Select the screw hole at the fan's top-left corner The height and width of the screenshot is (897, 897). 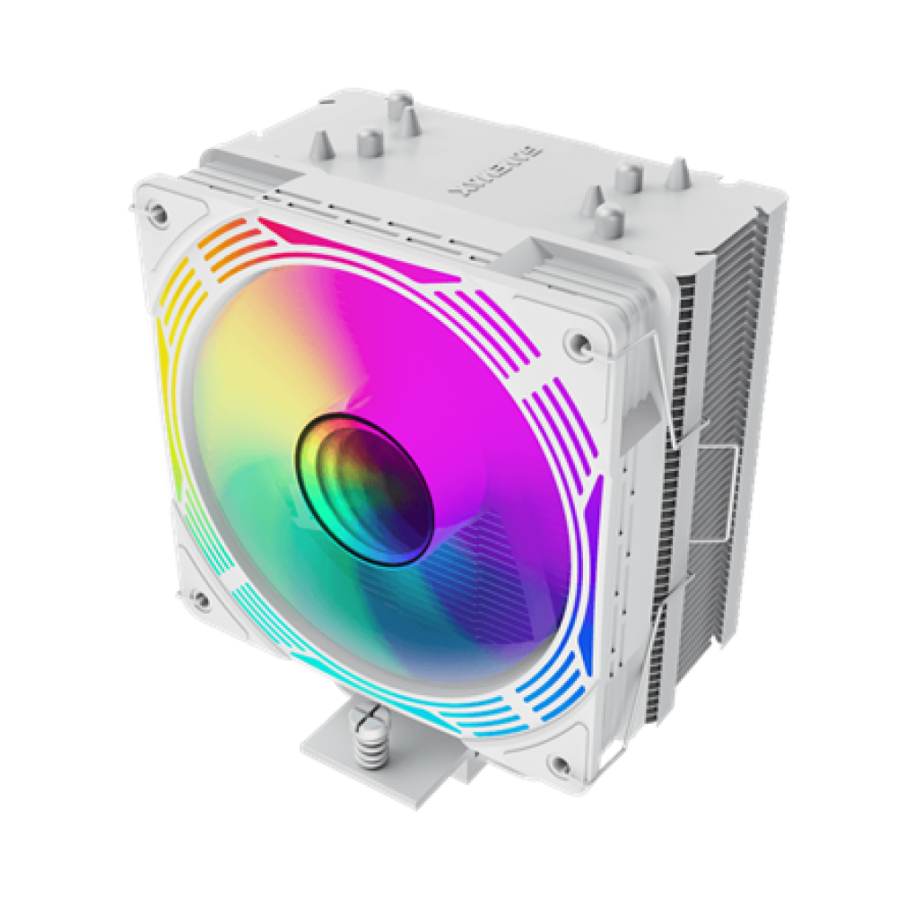pos(158,213)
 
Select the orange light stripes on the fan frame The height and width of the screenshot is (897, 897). pos(231,244)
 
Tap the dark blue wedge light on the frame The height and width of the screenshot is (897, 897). pos(584,628)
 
